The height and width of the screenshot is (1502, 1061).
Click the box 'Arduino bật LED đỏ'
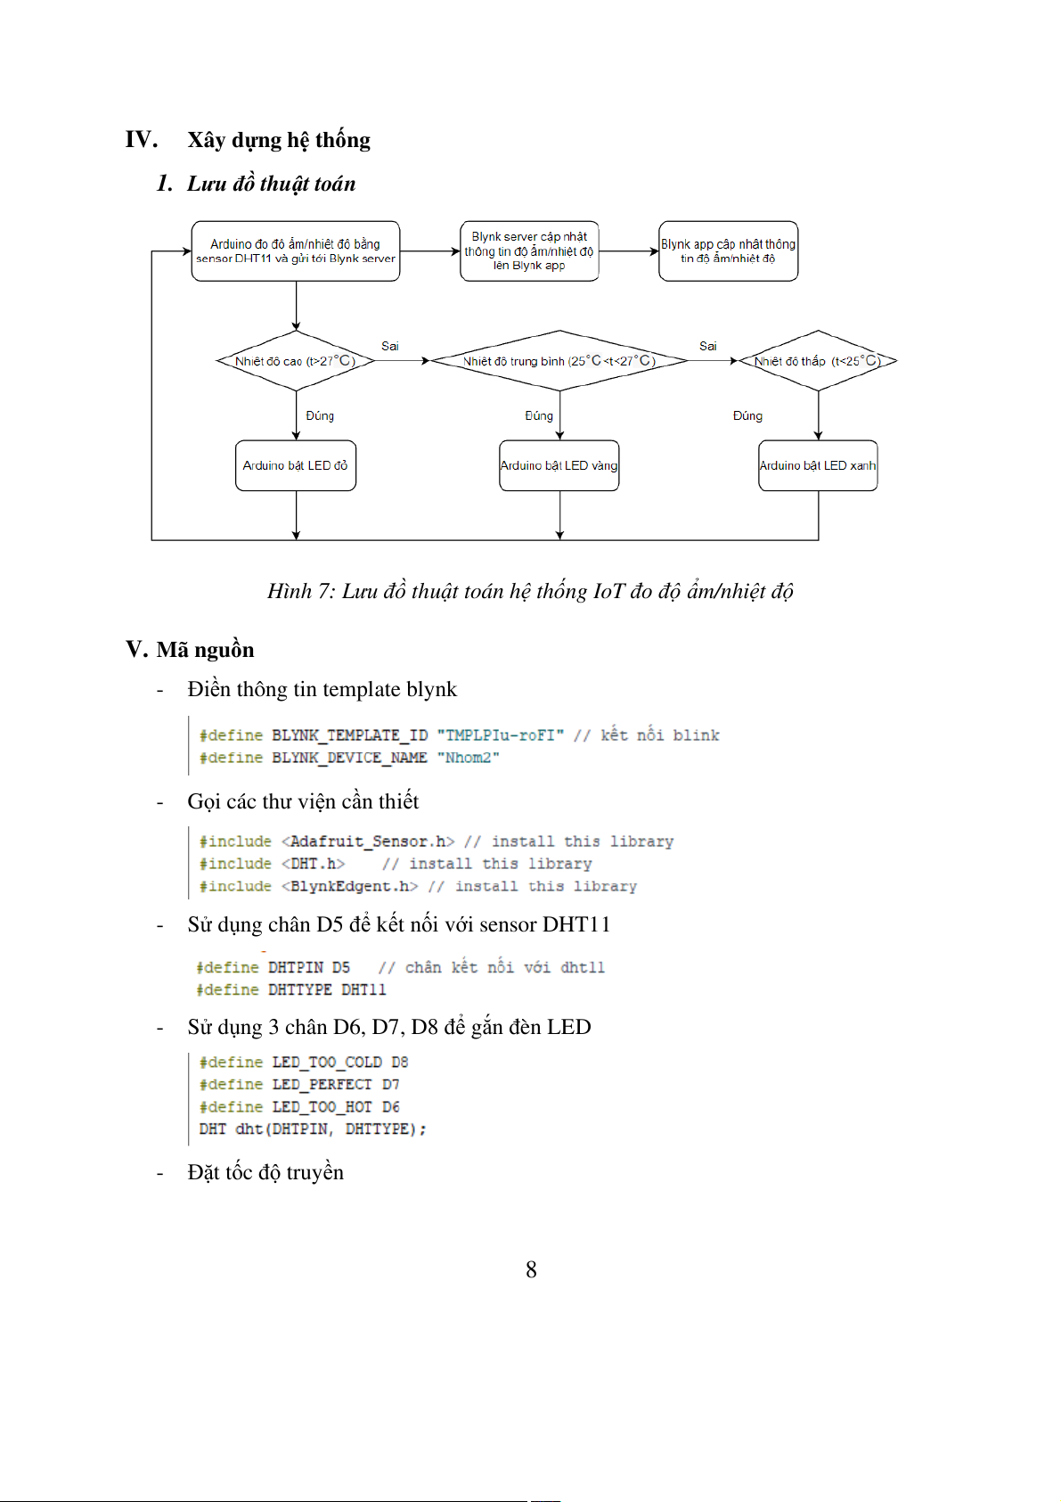pyautogui.click(x=296, y=465)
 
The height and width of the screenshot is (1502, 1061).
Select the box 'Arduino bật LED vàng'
pyautogui.click(x=559, y=465)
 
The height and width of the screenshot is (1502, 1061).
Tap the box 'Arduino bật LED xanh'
pyautogui.click(x=818, y=465)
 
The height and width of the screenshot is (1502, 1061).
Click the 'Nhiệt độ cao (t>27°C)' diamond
pyautogui.click(x=296, y=361)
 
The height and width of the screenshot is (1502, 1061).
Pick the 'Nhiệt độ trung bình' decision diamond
pyautogui.click(x=559, y=361)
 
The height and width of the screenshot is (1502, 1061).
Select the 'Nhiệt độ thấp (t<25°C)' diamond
pyautogui.click(x=818, y=361)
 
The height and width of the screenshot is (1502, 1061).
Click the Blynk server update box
pyautogui.click(x=529, y=251)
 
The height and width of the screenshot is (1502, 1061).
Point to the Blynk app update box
pyautogui.click(x=728, y=251)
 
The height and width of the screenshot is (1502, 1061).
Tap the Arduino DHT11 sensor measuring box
pyautogui.click(x=296, y=251)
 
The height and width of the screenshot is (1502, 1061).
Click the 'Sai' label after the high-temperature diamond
pyautogui.click(x=390, y=346)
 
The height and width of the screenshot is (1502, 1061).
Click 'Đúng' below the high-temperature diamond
pyautogui.click(x=320, y=415)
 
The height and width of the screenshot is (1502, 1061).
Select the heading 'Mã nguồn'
pyautogui.click(x=205, y=650)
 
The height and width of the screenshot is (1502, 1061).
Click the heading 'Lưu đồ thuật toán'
pyautogui.click(x=271, y=184)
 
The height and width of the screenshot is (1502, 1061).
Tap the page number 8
pyautogui.click(x=531, y=1269)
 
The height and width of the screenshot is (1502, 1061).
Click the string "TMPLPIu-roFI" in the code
pyautogui.click(x=501, y=735)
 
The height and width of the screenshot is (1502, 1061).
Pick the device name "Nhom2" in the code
pyautogui.click(x=468, y=758)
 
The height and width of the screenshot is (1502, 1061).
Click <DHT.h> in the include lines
pyautogui.click(x=314, y=864)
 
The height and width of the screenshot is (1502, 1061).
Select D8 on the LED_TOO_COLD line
pyautogui.click(x=399, y=1063)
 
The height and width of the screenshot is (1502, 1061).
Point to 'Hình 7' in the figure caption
pyautogui.click(x=299, y=591)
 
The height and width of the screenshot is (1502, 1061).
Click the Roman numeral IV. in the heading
pyautogui.click(x=142, y=140)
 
